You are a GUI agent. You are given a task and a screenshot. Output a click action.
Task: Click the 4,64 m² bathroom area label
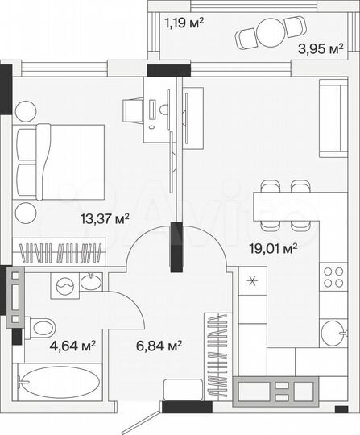click(74, 346)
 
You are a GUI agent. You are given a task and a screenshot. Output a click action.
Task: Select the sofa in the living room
click(331, 119)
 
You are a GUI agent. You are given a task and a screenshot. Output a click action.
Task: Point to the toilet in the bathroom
click(40, 327)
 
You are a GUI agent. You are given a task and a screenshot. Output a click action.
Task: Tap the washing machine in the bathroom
click(64, 284)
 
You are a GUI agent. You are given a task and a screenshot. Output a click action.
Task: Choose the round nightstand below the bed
click(25, 213)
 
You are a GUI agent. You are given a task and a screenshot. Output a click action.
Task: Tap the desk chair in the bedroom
click(132, 109)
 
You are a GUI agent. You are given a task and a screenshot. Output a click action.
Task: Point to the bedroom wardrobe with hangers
click(61, 252)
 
